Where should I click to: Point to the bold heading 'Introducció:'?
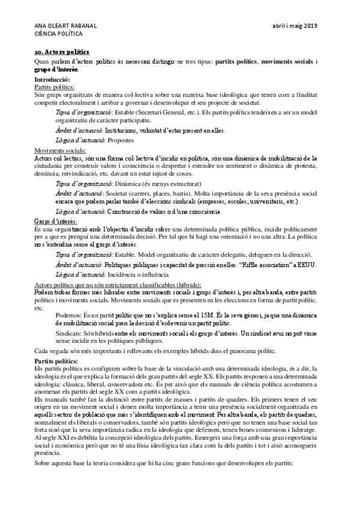53,80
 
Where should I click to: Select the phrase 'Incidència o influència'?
138,275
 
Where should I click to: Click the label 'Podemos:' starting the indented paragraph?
67,315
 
